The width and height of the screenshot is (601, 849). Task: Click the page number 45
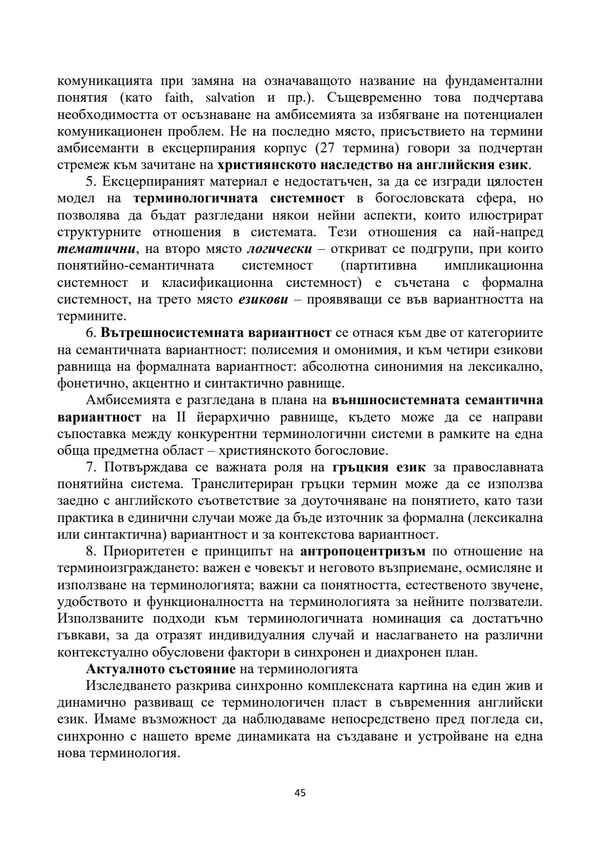(x=300, y=793)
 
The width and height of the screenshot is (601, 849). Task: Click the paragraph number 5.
(x=90, y=182)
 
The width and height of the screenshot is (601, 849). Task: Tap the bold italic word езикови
(x=263, y=300)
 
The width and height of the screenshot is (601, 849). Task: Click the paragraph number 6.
(x=90, y=333)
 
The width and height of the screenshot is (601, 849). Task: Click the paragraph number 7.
(x=90, y=467)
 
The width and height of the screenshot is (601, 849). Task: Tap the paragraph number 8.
(x=90, y=552)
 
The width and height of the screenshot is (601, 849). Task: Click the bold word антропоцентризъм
(x=362, y=552)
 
